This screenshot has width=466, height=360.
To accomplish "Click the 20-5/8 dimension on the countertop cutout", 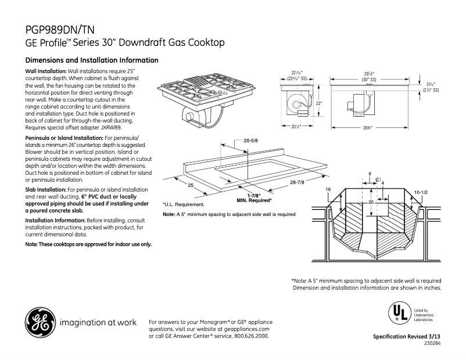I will click(x=251, y=141).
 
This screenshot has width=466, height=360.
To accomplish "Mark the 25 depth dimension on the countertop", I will click(x=190, y=186).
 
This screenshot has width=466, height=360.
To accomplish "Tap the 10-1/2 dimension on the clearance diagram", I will click(x=421, y=191).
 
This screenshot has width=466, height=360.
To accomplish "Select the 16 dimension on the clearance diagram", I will click(x=328, y=190).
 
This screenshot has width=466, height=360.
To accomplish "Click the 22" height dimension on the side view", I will click(x=319, y=103).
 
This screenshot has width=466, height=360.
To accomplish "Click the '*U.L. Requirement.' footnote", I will click(x=184, y=205).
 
